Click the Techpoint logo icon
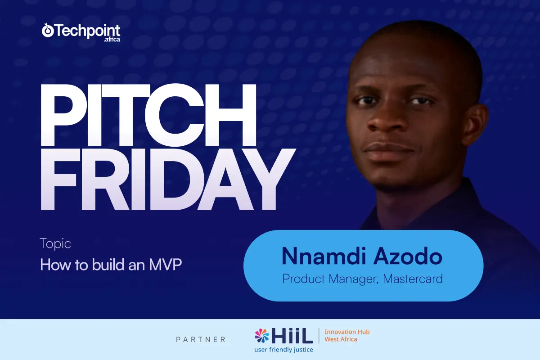coord(48,31)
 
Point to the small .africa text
coord(112,40)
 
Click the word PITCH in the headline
coord(148,115)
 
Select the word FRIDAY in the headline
coord(168,179)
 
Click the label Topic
coord(55,244)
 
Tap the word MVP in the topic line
coord(166,265)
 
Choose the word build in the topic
coord(108,265)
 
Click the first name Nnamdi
coord(324,256)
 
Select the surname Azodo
coord(408,256)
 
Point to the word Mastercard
coord(413,279)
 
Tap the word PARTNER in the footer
coord(201,339)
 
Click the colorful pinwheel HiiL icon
coord(262,335)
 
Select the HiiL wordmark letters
coord(292,335)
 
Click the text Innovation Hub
coord(347,332)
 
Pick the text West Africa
coord(341,339)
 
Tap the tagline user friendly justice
coord(283,350)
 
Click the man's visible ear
coord(474,126)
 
